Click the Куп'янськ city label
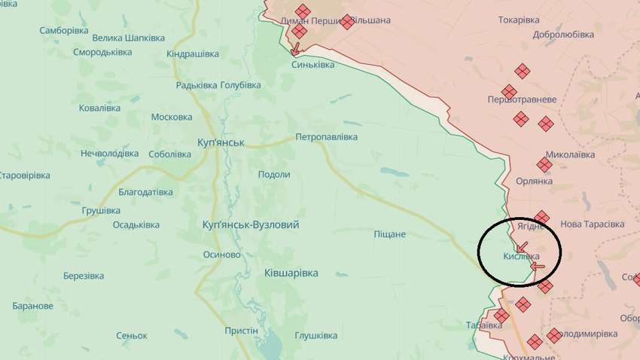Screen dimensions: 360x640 (x=220, y=142)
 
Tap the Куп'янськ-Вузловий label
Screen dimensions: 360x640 (x=251, y=224)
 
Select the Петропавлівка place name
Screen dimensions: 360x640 (x=326, y=137)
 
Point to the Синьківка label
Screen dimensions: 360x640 (x=313, y=65)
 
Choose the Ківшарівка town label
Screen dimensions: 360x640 (x=291, y=273)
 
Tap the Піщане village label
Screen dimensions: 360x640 (x=389, y=234)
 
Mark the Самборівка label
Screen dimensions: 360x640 (x=64, y=31)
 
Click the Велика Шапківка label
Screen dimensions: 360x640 (x=128, y=38)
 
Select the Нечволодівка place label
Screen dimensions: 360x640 (x=110, y=154)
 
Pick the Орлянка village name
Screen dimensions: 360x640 (x=535, y=182)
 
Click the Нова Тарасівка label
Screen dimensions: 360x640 (x=593, y=224)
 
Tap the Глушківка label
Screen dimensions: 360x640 (x=315, y=335)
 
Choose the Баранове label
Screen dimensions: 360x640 (x=33, y=306)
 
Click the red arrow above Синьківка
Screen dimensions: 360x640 (x=295, y=50)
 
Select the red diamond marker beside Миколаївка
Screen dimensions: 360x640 (x=544, y=164)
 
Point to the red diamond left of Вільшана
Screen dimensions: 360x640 (x=346, y=22)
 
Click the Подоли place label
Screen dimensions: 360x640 (x=274, y=174)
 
